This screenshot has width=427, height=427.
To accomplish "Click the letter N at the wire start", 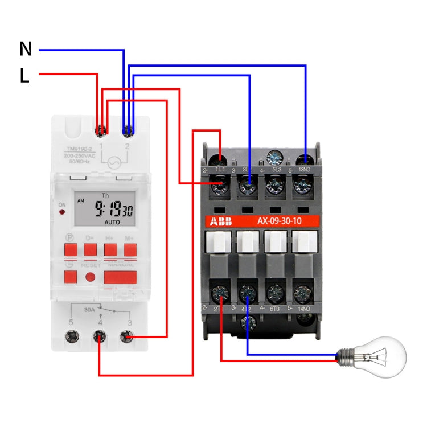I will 26,49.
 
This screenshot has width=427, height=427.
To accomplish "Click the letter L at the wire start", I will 24,76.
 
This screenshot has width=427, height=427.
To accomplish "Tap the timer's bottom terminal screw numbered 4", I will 100,338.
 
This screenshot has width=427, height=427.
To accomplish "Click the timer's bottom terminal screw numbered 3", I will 127,338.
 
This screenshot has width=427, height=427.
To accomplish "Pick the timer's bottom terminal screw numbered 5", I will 71,338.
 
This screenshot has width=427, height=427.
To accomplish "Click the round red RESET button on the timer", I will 91,277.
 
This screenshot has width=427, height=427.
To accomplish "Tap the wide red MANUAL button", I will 120,277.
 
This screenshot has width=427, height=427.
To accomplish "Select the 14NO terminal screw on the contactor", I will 302,294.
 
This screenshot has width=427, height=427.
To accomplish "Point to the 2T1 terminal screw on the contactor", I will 220,294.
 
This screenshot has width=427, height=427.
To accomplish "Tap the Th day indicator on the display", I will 105,195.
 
